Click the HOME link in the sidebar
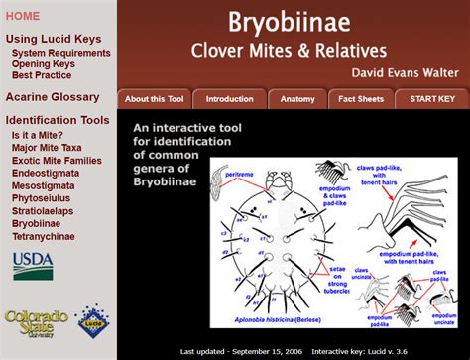[24, 16]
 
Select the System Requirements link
[60, 52]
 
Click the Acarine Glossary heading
[53, 97]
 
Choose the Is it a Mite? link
[38, 134]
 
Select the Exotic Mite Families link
[57, 159]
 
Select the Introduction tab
[229, 99]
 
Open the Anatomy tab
[297, 99]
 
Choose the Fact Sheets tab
[361, 99]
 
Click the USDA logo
[33, 265]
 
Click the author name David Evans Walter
[405, 71]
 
